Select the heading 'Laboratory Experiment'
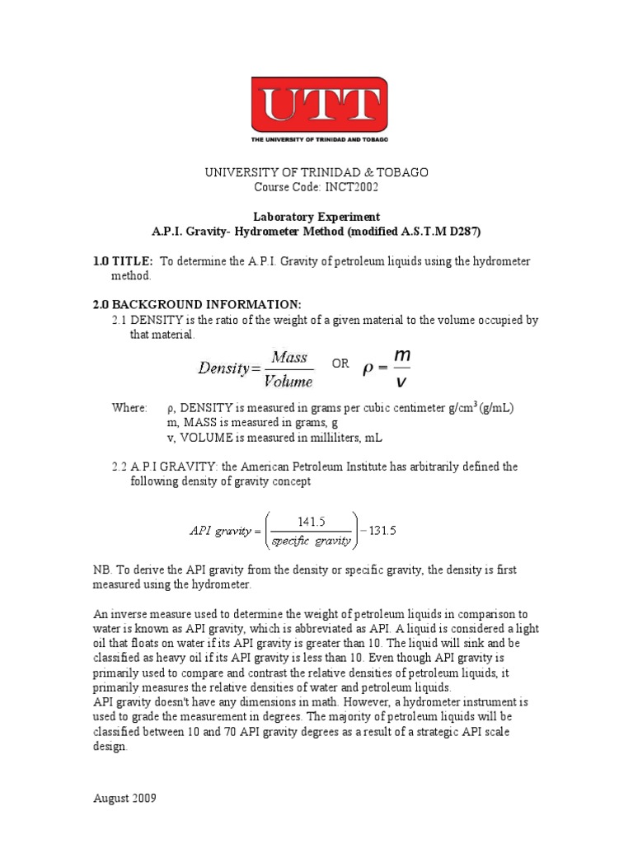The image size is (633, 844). pos(316,217)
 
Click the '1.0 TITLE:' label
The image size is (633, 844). pos(123,261)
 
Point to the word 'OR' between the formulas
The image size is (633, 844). pos(340,363)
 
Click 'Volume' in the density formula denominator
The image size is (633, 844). pos(288,381)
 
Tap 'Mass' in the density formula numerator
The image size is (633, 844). pos(288,358)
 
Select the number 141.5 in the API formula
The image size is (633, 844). pos(312,521)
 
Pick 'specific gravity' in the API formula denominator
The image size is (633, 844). pos(312,542)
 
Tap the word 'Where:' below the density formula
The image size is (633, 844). pos(129,408)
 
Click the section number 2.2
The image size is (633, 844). pos(120,467)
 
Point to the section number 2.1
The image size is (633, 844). pos(120,320)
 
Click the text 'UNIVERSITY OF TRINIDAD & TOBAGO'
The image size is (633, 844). pos(316,172)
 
